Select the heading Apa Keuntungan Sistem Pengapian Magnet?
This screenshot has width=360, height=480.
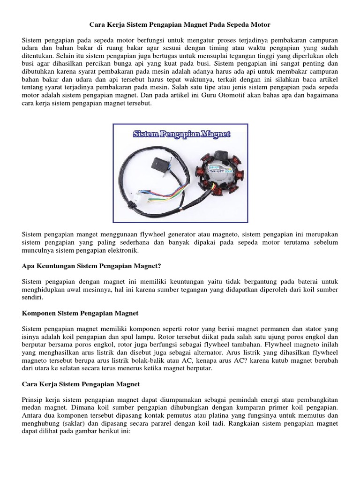coord(92,266)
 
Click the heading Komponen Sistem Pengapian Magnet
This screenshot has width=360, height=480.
coord(80,313)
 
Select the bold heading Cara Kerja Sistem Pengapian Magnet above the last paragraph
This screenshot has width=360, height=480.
coord(81,384)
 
